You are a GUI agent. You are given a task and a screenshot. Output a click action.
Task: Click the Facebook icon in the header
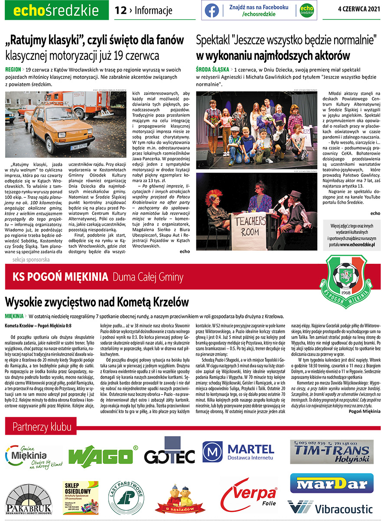pos(212,10)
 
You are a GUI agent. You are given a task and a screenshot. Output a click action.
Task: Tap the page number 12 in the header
pos(121,10)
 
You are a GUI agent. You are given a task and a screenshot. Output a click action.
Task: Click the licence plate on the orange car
pos(79,147)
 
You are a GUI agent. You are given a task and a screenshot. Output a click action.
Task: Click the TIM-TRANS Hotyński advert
pos(331,452)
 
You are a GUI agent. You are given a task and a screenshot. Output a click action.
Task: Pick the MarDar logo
pos(332,483)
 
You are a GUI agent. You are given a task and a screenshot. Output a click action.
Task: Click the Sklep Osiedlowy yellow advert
pos(78,497)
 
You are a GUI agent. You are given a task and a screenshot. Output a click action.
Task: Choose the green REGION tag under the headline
pos(13,69)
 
